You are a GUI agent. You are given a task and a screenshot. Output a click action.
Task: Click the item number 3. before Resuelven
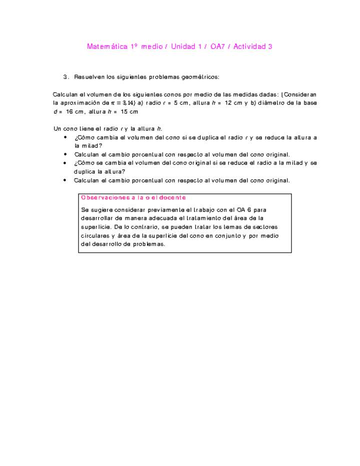pos(66,77)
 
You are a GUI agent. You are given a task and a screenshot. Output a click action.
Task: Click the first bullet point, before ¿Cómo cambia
pos(65,137)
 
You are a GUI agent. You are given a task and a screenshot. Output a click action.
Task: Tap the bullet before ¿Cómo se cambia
pos(65,163)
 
